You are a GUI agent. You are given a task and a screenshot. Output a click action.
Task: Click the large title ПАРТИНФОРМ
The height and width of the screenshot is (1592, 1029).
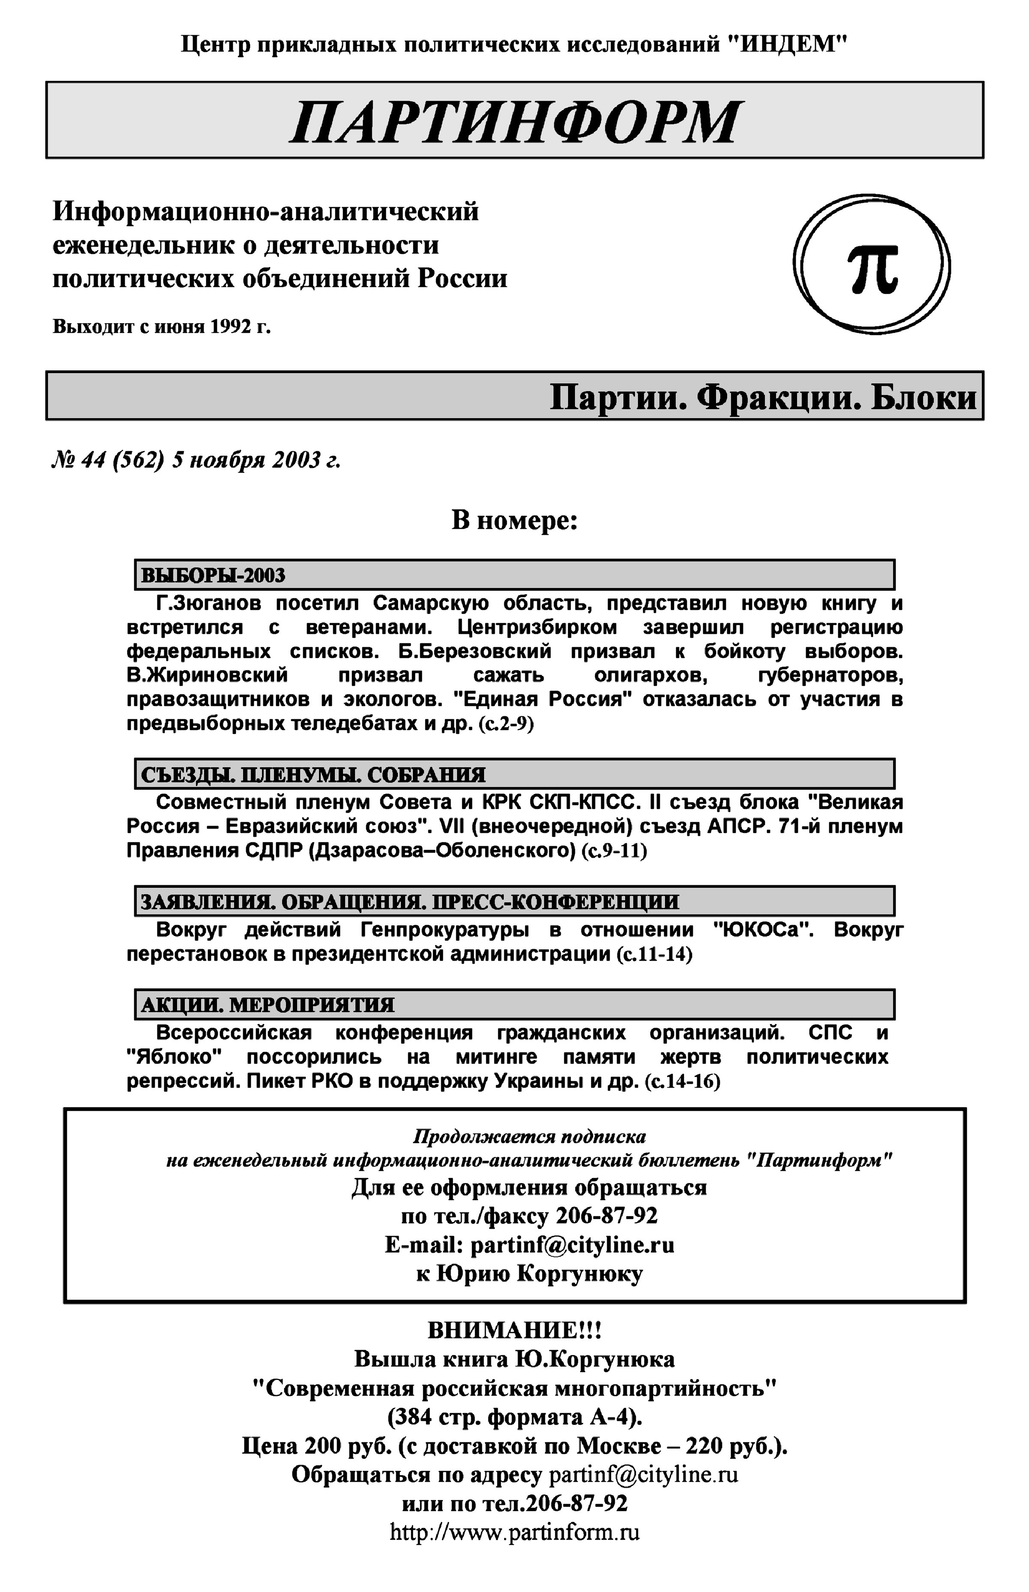coord(514,122)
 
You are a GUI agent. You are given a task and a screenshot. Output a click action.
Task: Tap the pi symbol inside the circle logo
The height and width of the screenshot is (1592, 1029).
coord(873,267)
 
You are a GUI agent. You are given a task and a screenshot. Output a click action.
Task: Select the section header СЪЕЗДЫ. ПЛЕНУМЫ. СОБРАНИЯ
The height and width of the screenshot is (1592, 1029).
coord(313,774)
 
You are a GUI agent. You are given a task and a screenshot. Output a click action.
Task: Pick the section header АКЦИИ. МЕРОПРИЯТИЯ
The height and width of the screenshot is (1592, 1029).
coord(267,1004)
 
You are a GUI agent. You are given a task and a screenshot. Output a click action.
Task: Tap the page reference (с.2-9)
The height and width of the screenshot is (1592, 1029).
coord(506,724)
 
